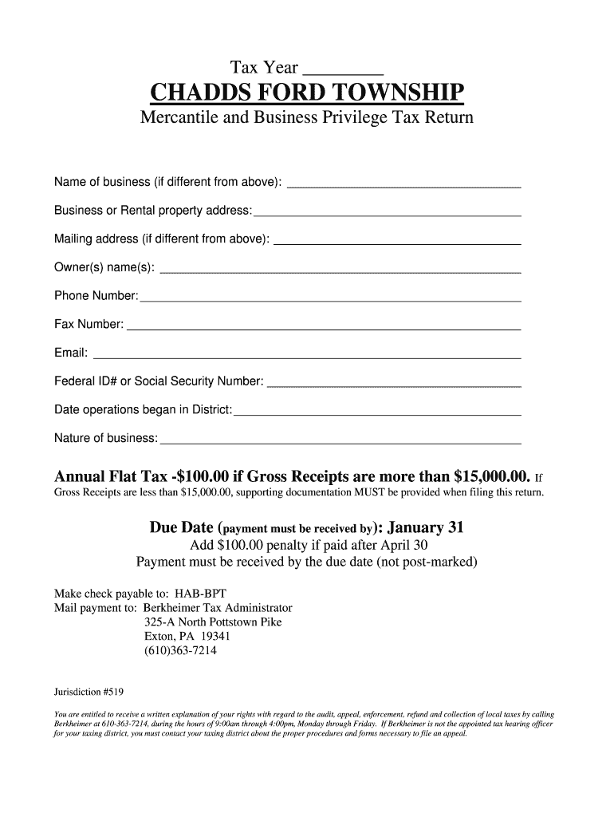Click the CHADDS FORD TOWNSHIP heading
click(306, 93)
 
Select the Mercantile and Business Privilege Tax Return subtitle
click(306, 118)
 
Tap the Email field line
click(307, 354)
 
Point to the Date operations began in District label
click(143, 409)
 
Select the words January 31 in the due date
click(425, 528)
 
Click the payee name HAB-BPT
click(190, 594)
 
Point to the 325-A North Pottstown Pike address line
click(212, 622)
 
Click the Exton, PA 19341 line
click(187, 636)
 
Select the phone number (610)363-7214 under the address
click(179, 650)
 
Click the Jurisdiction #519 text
click(89, 691)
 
